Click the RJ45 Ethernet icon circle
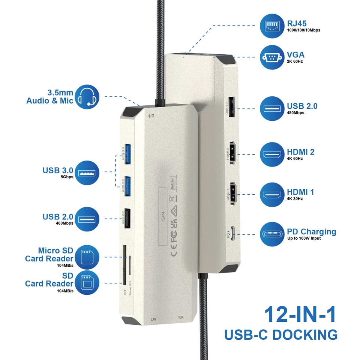tap(272, 26)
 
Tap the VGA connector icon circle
tap(272, 57)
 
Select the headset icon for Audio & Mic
tap(87, 96)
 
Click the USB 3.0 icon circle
tap(87, 172)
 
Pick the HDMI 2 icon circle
tap(272, 154)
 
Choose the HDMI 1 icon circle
tap(272, 194)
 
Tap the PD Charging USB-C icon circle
tap(272, 234)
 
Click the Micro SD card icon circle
tap(87, 257)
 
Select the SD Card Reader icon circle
tap(87, 282)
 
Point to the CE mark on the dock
tap(174, 253)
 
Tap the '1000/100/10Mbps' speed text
tap(303, 30)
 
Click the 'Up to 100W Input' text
tap(304, 238)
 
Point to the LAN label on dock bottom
tap(153, 319)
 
